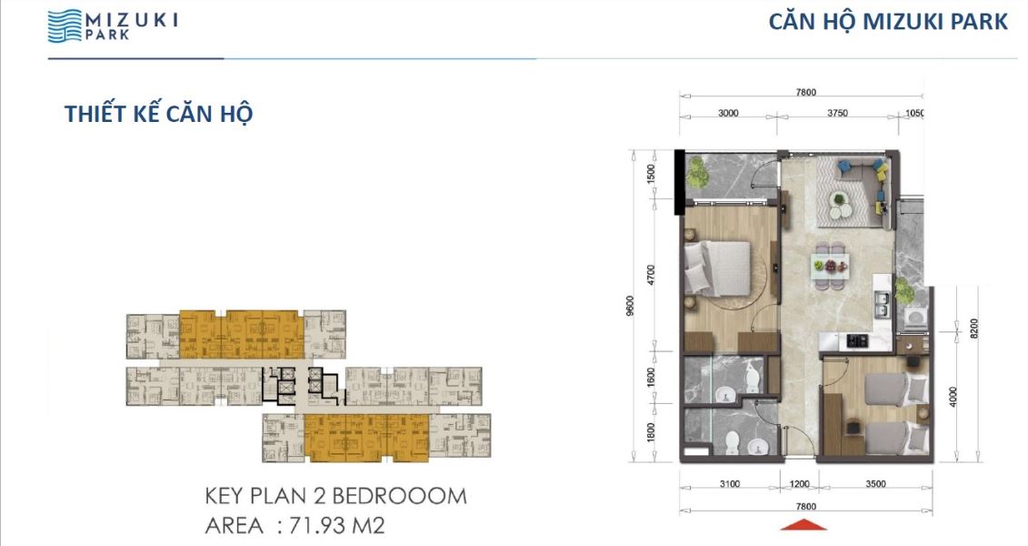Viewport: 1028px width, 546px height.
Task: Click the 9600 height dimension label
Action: point(630,305)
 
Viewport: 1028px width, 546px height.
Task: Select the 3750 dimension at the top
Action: point(837,113)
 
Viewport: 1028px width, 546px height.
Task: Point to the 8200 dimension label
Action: point(973,329)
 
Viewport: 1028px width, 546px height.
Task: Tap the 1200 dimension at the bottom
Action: point(799,483)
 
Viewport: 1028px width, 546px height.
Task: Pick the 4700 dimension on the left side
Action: point(651,275)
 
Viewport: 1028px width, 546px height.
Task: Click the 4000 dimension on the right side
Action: point(953,397)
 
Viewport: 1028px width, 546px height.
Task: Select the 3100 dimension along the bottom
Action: point(729,483)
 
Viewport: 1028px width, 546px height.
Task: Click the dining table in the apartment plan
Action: point(830,265)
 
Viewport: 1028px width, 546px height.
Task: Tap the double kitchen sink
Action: point(882,303)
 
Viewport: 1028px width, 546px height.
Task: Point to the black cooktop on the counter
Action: point(856,340)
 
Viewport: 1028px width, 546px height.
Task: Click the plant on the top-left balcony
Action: point(697,173)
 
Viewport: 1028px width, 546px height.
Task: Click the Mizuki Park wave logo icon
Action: point(65,25)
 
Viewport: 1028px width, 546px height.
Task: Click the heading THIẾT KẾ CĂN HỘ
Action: point(159,114)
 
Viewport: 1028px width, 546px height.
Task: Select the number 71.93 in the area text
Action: point(316,526)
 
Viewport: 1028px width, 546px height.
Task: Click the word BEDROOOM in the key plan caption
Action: point(399,496)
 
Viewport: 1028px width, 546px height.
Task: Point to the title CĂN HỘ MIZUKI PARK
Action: point(888,21)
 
